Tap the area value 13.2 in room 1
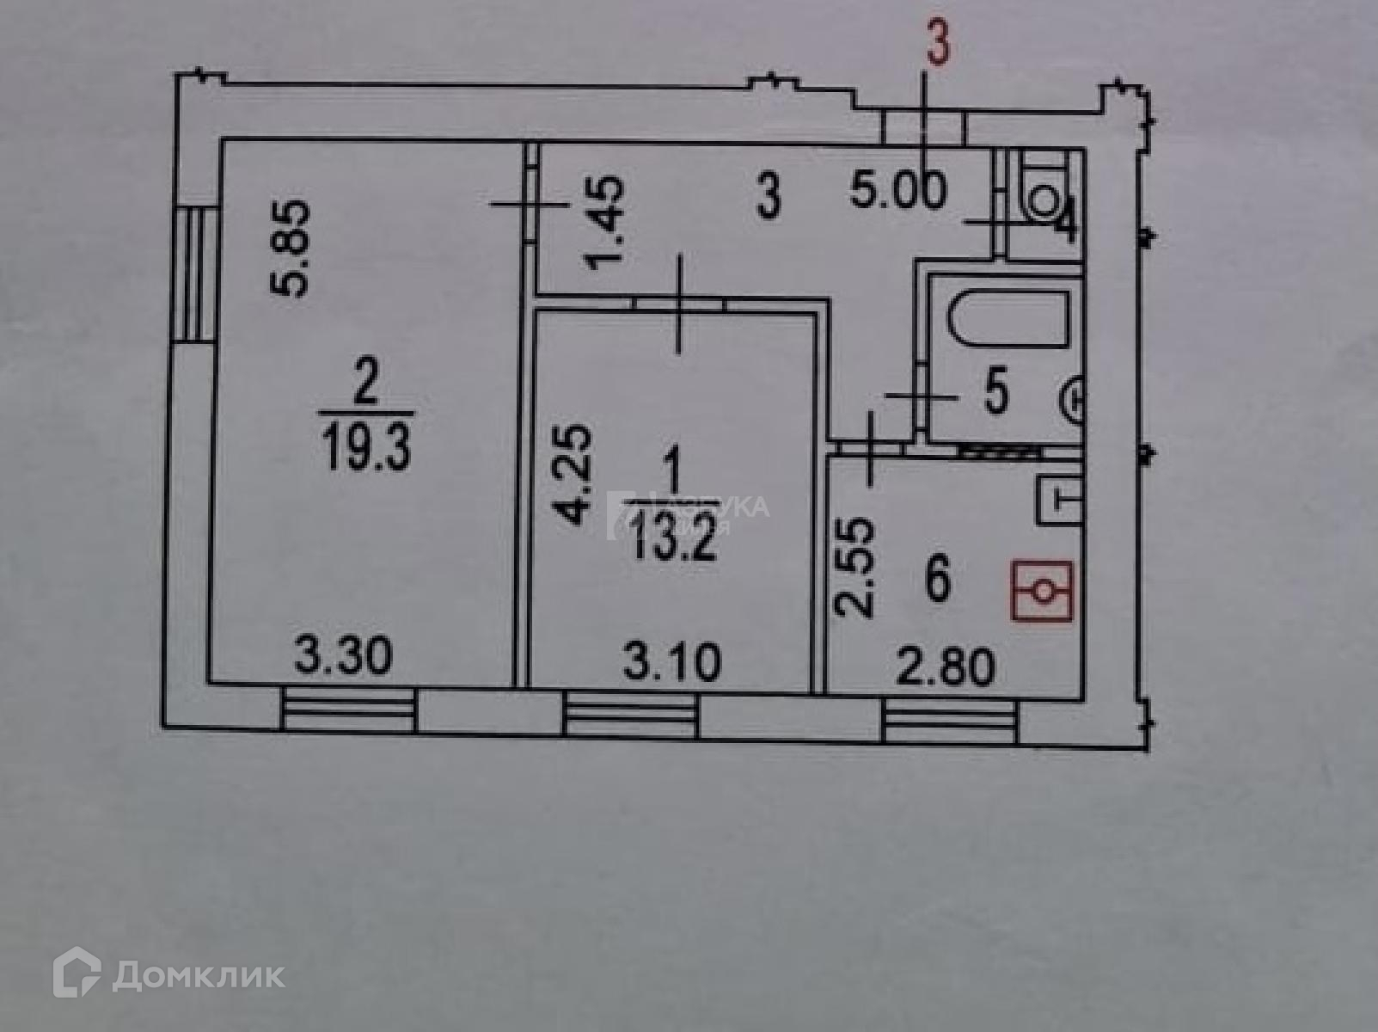[672, 541]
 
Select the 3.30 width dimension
[343, 656]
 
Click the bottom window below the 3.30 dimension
[348, 712]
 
